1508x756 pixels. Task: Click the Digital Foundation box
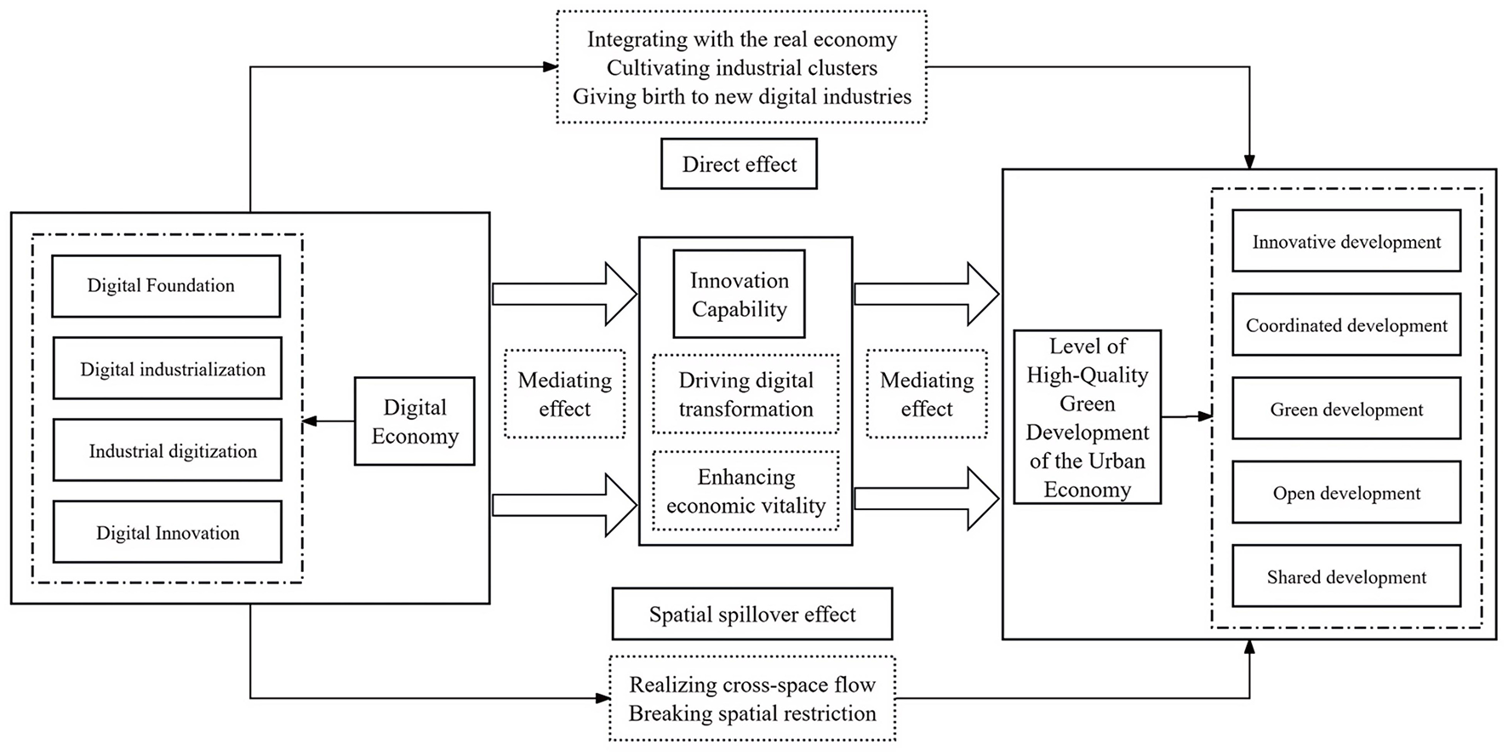point(166,286)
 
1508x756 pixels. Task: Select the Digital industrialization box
point(167,369)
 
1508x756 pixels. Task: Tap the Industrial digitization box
point(167,450)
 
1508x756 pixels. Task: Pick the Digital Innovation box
point(167,532)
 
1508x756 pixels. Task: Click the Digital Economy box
point(414,421)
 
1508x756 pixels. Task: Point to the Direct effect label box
point(739,164)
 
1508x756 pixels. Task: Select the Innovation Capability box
point(739,295)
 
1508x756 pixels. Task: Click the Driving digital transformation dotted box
point(745,394)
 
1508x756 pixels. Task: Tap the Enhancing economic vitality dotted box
point(745,491)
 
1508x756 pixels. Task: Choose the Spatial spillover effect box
point(752,614)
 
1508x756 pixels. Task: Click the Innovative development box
point(1346,242)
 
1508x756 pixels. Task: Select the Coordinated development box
point(1346,325)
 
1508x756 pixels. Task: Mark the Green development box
point(1346,409)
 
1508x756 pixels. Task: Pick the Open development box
point(1346,493)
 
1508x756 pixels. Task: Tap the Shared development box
point(1346,576)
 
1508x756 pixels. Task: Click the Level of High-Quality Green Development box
point(1088,417)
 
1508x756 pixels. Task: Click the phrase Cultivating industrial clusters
point(741,68)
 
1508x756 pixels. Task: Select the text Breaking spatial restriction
point(752,713)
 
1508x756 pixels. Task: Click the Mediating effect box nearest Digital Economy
point(564,394)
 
